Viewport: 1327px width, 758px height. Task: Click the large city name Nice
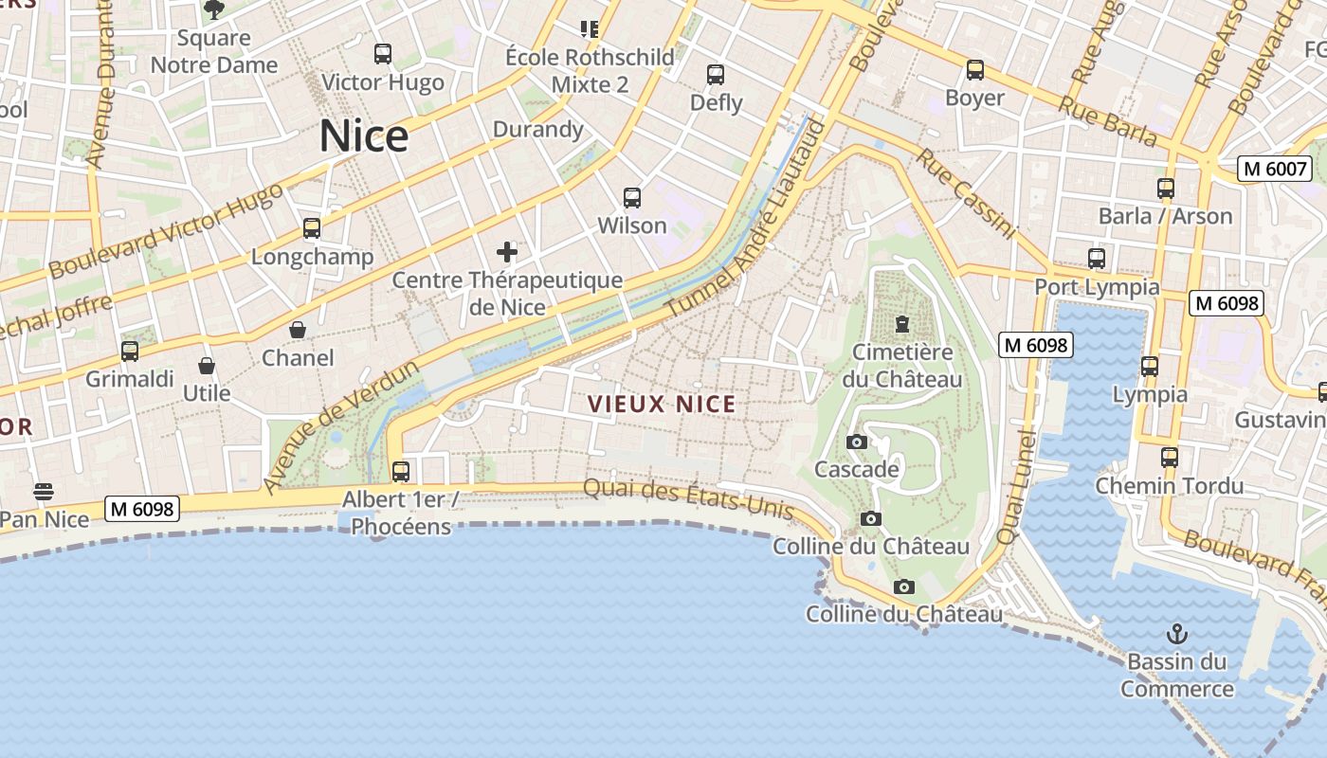[364, 136]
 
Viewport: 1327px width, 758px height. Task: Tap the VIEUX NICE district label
[662, 405]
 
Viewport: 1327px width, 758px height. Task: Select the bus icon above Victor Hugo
[383, 54]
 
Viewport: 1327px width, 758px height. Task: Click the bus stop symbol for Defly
[716, 75]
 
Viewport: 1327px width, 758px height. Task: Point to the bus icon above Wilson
[632, 198]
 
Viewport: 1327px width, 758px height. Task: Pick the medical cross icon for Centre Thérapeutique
[507, 252]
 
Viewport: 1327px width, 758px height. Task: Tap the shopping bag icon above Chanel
[298, 330]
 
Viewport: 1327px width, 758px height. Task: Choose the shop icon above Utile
[207, 366]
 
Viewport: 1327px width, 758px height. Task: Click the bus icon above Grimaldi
[130, 352]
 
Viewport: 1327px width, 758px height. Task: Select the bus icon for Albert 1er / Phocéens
[401, 471]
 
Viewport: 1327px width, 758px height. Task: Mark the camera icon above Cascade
[856, 442]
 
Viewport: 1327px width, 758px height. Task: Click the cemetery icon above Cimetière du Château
[901, 325]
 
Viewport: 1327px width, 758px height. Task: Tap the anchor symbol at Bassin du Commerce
[1177, 634]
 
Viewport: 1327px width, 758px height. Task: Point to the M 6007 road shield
[1275, 169]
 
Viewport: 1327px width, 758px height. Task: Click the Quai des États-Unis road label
[688, 498]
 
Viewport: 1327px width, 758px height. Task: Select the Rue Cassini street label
[965, 193]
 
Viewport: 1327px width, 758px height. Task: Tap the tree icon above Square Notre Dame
[214, 10]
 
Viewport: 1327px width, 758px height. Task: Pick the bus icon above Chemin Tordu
[1170, 458]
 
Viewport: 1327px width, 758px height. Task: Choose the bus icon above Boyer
[975, 70]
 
